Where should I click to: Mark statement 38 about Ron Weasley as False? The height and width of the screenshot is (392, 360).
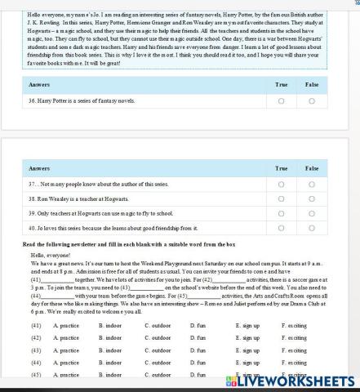(312, 198)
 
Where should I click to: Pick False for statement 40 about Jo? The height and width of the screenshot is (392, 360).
(312, 228)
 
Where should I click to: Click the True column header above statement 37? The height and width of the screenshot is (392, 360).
(282, 167)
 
